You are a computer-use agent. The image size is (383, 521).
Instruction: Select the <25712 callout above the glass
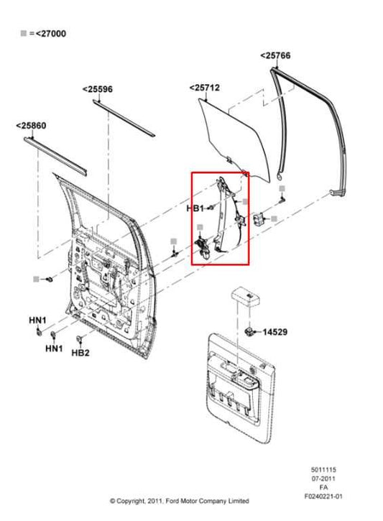[x=205, y=88]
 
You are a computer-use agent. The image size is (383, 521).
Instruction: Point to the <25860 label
[x=31, y=126]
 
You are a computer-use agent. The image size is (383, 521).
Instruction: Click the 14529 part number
[x=274, y=332]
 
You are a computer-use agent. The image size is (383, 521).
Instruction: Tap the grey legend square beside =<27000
[x=24, y=33]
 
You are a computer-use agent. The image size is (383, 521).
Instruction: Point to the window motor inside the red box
[x=203, y=248]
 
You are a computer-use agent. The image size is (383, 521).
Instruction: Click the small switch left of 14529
[x=249, y=331]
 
